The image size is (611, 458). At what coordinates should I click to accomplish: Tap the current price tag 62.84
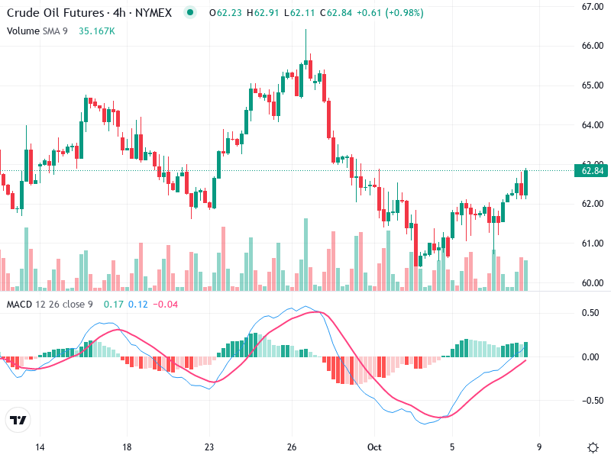pyautogui.click(x=593, y=171)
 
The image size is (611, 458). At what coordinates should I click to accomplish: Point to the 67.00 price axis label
pyautogui.click(x=593, y=7)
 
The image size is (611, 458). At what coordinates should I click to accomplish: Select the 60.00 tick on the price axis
pyautogui.click(x=593, y=283)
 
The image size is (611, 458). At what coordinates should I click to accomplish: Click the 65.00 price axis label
pyautogui.click(x=593, y=85)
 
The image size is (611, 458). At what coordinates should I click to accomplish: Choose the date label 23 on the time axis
pyautogui.click(x=209, y=447)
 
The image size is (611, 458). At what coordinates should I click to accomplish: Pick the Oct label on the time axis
pyautogui.click(x=373, y=447)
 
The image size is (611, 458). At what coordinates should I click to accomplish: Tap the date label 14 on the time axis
pyautogui.click(x=40, y=447)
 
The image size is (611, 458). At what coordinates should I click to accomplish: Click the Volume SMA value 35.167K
pyautogui.click(x=97, y=31)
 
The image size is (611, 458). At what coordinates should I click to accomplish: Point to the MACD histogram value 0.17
pyautogui.click(x=114, y=305)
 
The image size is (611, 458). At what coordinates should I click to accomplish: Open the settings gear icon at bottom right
pyautogui.click(x=593, y=447)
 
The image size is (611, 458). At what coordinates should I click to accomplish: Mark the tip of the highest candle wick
pyautogui.click(x=305, y=30)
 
